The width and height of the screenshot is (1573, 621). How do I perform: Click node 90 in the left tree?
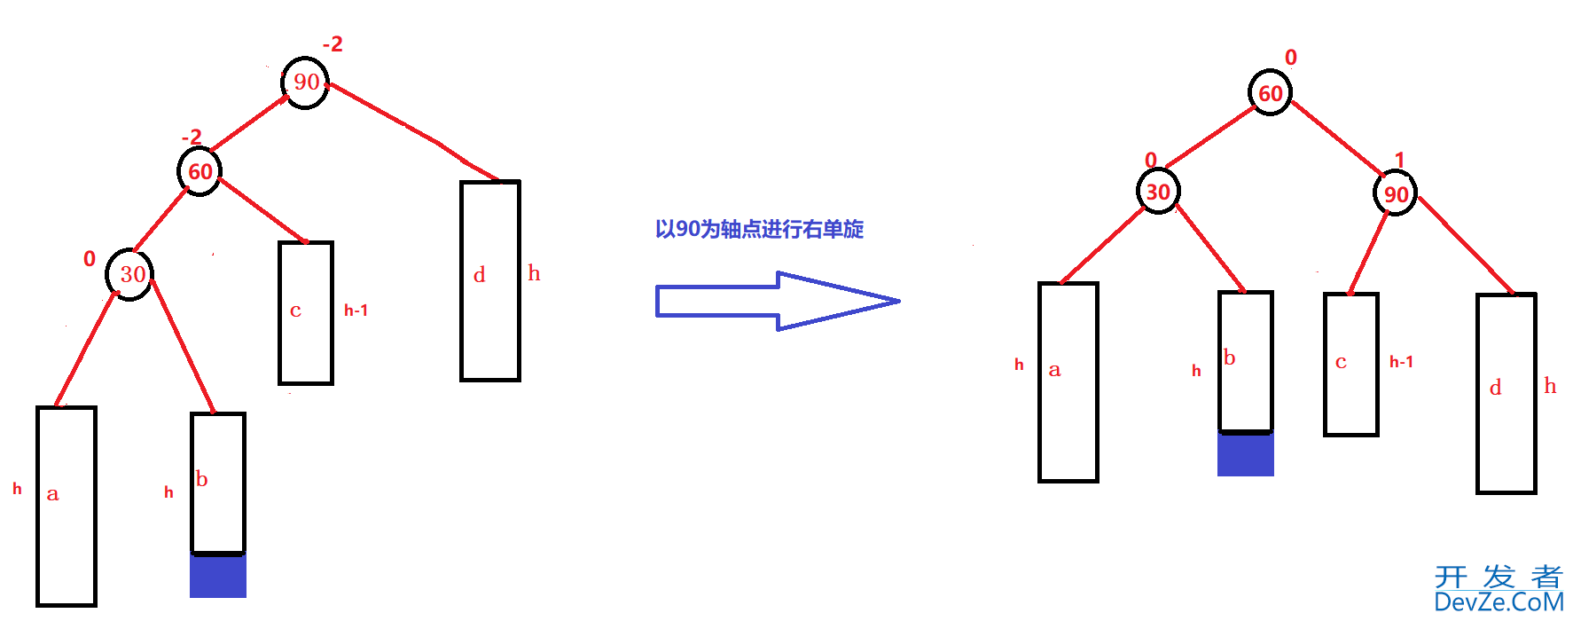[306, 83]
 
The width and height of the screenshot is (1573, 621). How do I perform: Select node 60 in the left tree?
[200, 171]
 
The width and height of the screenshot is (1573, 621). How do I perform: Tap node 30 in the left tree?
[130, 274]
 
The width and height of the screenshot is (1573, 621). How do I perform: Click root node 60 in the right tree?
[1270, 93]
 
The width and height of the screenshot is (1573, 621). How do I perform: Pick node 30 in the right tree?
[1158, 192]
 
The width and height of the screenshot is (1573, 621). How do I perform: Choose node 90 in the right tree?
[1396, 194]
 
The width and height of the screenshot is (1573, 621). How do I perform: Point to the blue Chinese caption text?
[759, 230]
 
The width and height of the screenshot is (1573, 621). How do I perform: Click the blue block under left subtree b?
[218, 576]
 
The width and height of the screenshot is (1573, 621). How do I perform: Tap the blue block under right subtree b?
[1246, 454]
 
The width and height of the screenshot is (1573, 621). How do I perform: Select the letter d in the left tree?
[480, 275]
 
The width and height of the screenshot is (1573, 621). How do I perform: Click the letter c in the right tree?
[1341, 362]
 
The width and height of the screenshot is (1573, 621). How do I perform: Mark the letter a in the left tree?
[52, 494]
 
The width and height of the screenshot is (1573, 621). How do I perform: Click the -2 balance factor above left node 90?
[333, 44]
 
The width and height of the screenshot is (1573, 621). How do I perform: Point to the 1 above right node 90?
[1399, 160]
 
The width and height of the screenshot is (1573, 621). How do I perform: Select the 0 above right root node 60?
[1291, 58]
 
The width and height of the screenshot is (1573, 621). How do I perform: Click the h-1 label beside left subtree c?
[356, 310]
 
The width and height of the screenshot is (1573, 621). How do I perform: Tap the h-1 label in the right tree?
[1401, 362]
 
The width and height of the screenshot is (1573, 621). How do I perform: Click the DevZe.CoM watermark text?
[1499, 602]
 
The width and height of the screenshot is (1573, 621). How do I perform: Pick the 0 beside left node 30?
[90, 259]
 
